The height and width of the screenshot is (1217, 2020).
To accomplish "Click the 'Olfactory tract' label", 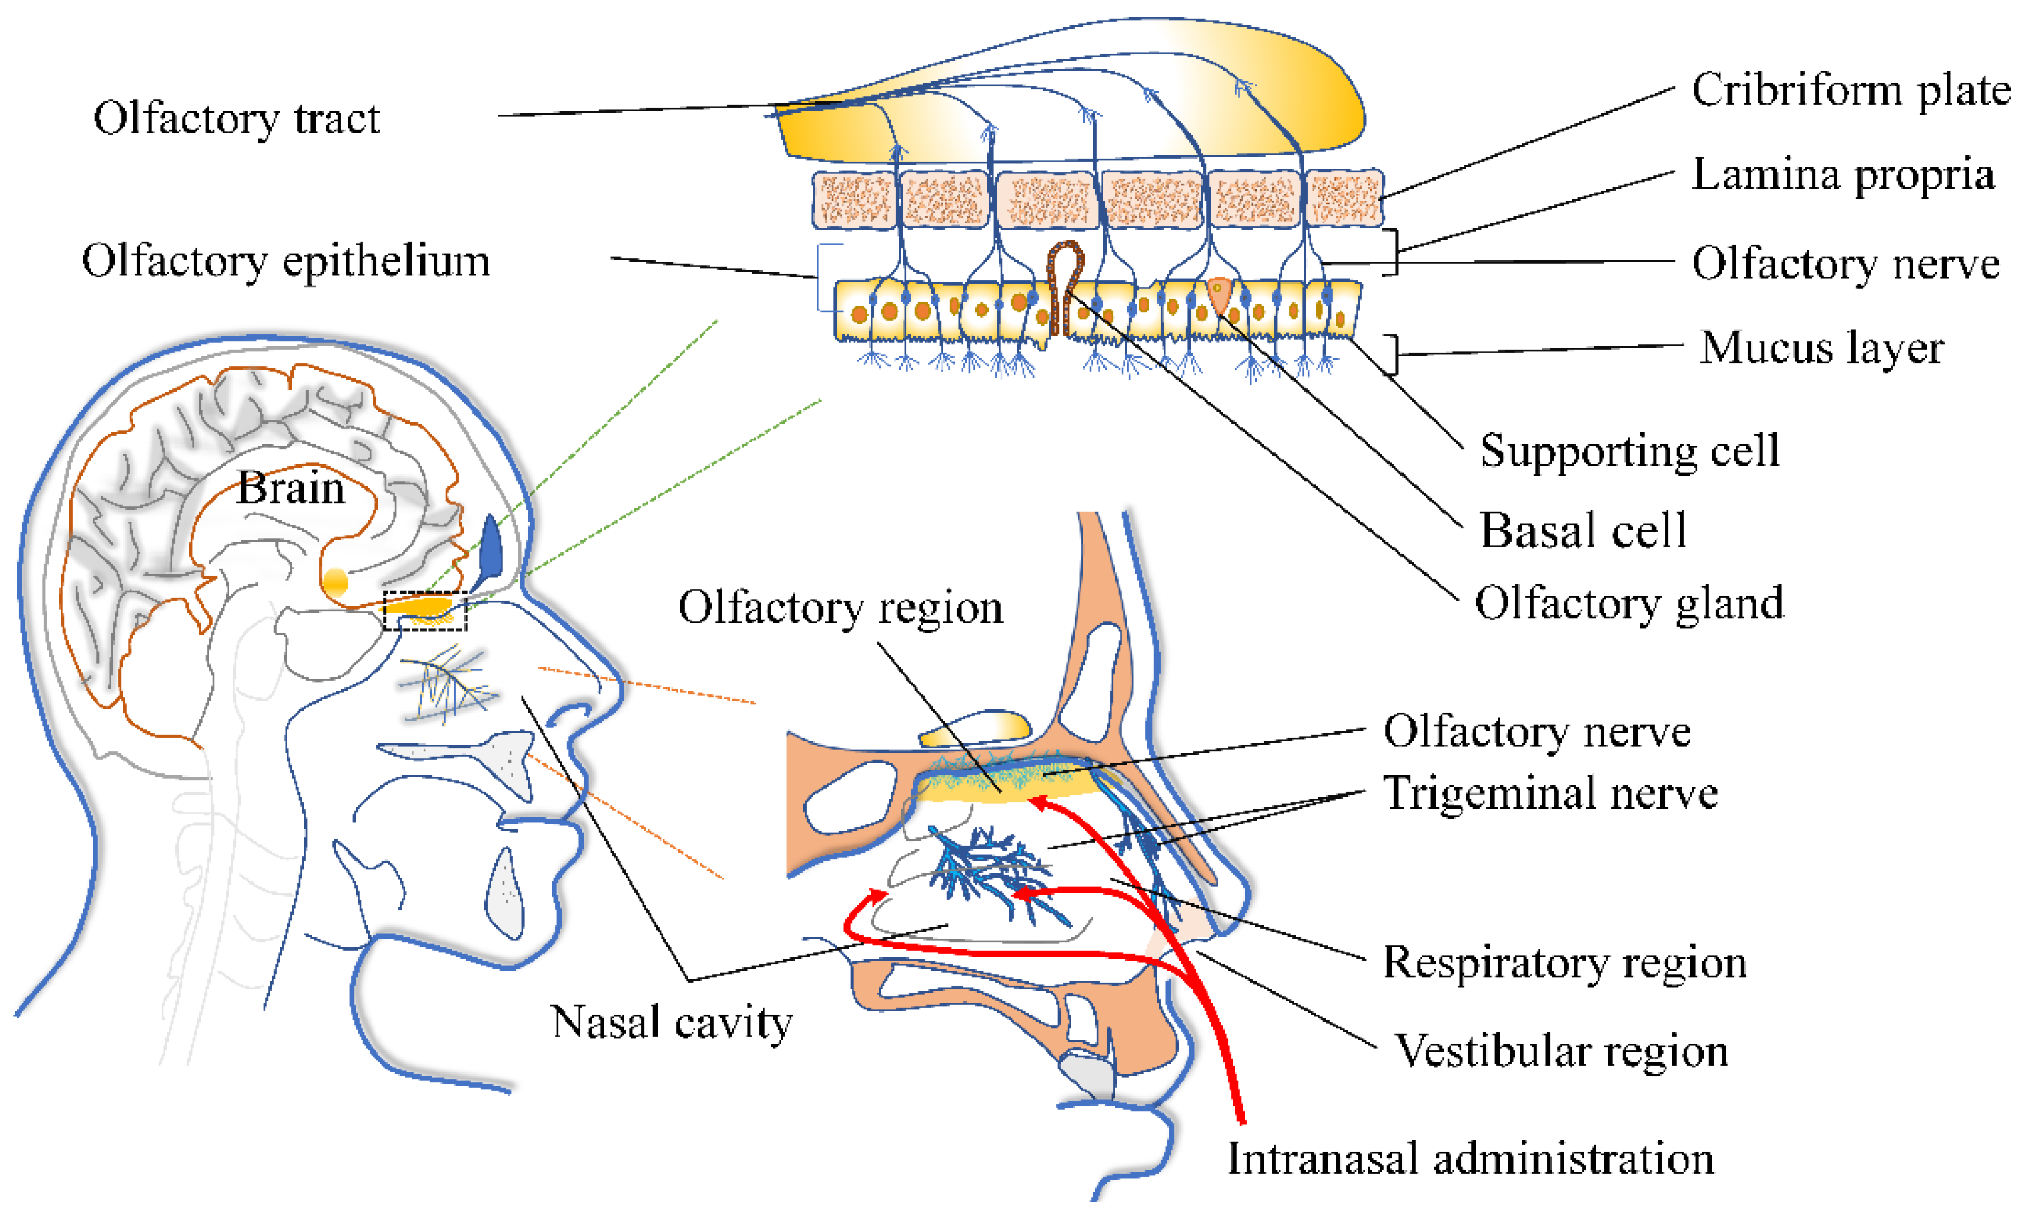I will click(x=236, y=119).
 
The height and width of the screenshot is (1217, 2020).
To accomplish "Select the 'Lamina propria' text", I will click(x=1842, y=175).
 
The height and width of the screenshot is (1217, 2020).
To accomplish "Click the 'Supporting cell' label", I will click(x=1629, y=450).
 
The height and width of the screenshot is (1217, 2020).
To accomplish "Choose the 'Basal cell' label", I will click(x=1582, y=530).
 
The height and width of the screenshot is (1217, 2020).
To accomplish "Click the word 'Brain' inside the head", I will click(x=290, y=489).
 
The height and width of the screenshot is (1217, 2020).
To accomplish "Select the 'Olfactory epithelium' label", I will click(x=286, y=262).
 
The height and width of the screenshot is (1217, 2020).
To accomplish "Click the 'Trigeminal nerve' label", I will click(x=1550, y=794).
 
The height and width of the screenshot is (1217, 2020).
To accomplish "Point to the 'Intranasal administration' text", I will click(x=1470, y=1160).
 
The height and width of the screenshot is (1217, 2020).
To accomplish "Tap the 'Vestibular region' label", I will click(x=1561, y=1052).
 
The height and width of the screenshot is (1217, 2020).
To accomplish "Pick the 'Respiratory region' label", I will click(x=1564, y=963).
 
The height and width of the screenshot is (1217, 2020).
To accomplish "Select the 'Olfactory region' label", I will click(x=841, y=608).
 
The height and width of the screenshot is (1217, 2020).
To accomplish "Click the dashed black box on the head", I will click(x=425, y=612).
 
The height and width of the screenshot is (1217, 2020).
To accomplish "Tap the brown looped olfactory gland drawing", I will click(x=1065, y=283).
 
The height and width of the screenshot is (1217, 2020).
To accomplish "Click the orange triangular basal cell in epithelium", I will click(x=1219, y=294).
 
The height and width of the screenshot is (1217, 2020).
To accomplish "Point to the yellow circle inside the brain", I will click(x=336, y=583).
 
